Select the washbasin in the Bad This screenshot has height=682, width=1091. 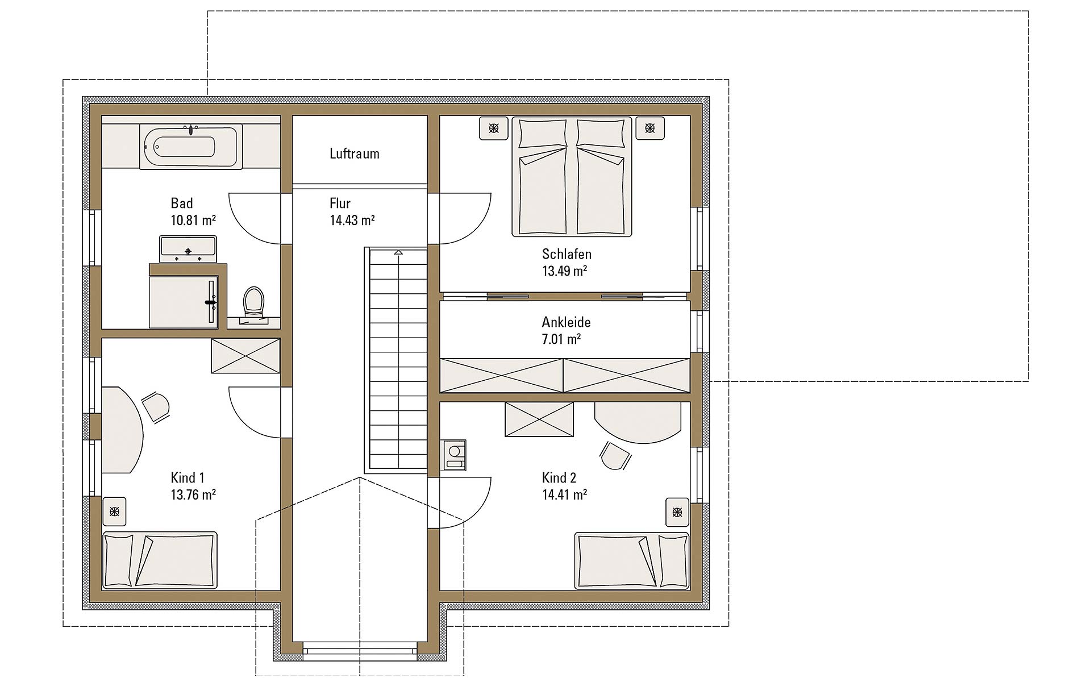click(x=188, y=249)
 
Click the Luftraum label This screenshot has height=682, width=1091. click(x=355, y=153)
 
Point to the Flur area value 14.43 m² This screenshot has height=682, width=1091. click(x=352, y=220)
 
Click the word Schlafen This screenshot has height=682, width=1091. click(x=567, y=254)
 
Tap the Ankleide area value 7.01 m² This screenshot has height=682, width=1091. click(x=561, y=339)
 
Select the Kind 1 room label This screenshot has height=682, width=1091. click(x=188, y=478)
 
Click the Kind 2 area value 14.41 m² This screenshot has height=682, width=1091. click(x=565, y=494)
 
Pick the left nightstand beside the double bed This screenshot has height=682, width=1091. click(x=494, y=128)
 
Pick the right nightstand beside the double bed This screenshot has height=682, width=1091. click(x=649, y=128)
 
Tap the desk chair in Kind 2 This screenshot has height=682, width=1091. click(x=615, y=456)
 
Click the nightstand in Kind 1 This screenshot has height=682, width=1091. click(x=115, y=512)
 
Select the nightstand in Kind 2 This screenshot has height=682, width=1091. click(x=677, y=512)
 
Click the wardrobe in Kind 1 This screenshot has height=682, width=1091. click(x=245, y=356)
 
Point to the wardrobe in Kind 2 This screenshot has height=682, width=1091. click(x=539, y=419)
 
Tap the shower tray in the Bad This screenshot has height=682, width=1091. click(x=184, y=302)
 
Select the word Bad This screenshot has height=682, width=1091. click(x=182, y=203)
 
